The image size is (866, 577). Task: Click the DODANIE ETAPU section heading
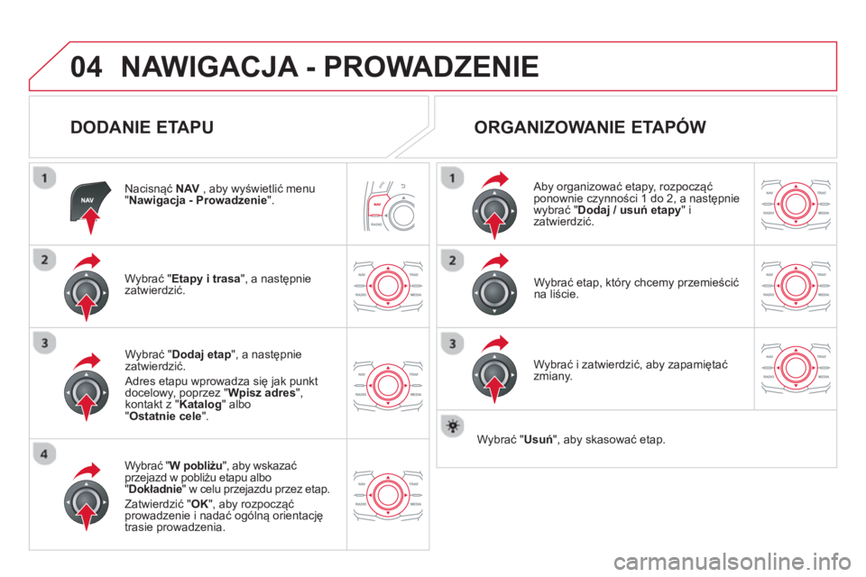coord(142,127)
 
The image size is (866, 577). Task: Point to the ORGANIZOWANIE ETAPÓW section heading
coord(590,127)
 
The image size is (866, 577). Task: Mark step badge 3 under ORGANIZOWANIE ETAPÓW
coord(450,343)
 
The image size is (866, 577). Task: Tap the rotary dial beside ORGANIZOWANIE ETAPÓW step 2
coord(493,292)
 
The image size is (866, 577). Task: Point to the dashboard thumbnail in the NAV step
coord(388,203)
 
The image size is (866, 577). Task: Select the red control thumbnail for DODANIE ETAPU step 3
coord(388,382)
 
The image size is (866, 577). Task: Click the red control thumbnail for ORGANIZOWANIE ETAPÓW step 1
coord(796,203)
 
